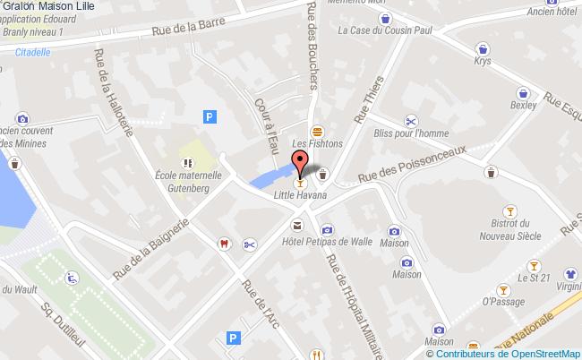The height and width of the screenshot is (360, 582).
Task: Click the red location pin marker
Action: pyautogui.click(x=301, y=161)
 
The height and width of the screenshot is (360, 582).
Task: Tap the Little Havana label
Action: pyautogui.click(x=299, y=194)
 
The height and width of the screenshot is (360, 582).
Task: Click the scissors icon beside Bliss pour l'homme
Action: pyautogui.click(x=410, y=121)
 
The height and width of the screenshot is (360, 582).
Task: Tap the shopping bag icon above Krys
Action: pyautogui.click(x=484, y=48)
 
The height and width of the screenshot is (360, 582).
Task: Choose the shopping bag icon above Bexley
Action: pyautogui.click(x=522, y=92)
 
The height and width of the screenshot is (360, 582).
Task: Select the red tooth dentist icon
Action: pyautogui.click(x=224, y=243)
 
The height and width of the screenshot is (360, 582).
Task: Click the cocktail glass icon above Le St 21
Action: pyautogui.click(x=535, y=265)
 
